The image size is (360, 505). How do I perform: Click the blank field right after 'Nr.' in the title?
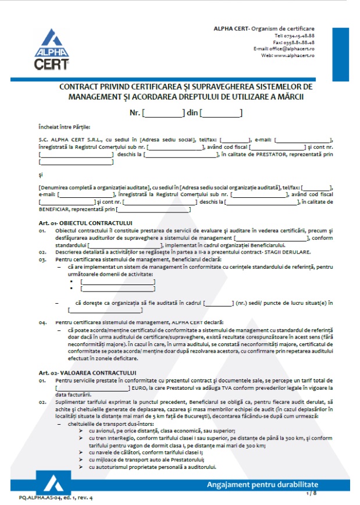(x=163, y=113)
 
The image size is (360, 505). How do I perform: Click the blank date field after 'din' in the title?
(x=221, y=113)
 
